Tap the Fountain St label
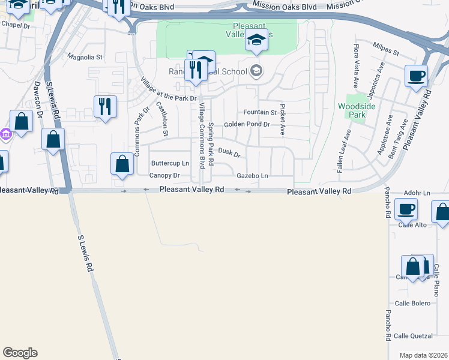260,112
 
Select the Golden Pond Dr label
247,125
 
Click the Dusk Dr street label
229,153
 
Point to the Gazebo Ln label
252,176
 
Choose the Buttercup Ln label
170,163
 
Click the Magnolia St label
85,58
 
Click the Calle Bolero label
412,303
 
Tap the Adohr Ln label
417,193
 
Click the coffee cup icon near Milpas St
416,76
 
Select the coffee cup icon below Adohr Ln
406,209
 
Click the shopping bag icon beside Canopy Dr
122,164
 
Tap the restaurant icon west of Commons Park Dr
105,107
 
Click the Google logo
20,353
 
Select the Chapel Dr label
15,25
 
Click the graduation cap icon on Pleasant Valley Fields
256,41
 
